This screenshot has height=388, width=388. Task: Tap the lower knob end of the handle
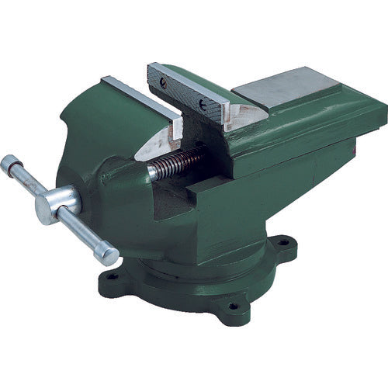[x=109, y=255]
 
